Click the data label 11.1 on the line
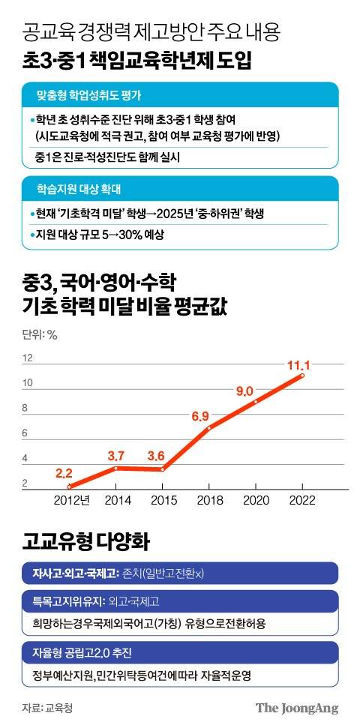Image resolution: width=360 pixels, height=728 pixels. point(298,366)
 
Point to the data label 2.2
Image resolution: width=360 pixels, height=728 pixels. point(64,473)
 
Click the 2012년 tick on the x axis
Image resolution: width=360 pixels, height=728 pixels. point(73,500)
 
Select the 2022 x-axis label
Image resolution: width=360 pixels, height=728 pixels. point(302,500)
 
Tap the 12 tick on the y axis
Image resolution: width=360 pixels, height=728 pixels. point(28,358)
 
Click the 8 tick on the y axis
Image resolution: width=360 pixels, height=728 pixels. point(25,409)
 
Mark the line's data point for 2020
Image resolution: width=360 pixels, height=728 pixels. point(256,402)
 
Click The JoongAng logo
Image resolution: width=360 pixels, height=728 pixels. point(297,708)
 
